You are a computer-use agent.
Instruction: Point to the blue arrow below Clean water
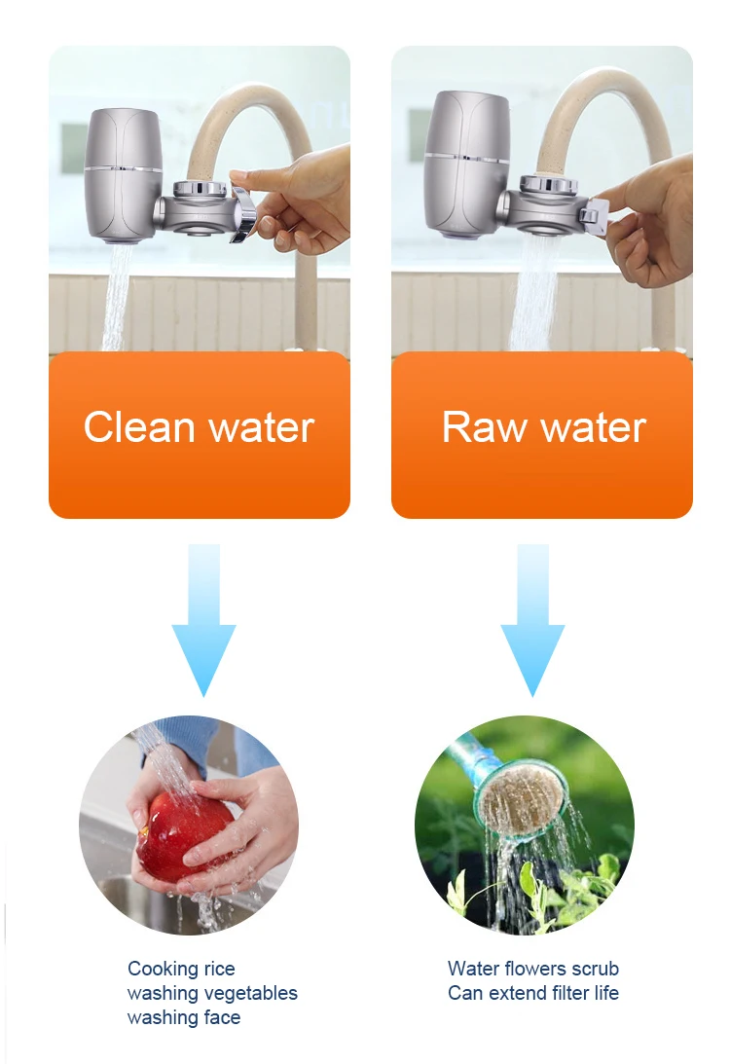tap(204, 628)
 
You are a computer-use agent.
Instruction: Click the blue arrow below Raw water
tap(532, 628)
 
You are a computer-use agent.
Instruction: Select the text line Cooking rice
tap(181, 969)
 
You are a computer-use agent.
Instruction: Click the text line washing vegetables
tap(212, 993)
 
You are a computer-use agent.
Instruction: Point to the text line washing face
tap(183, 1017)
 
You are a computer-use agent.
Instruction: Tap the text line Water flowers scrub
tap(532, 969)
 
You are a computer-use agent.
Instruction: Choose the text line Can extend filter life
tap(532, 993)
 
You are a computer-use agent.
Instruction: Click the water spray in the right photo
tap(532, 292)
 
